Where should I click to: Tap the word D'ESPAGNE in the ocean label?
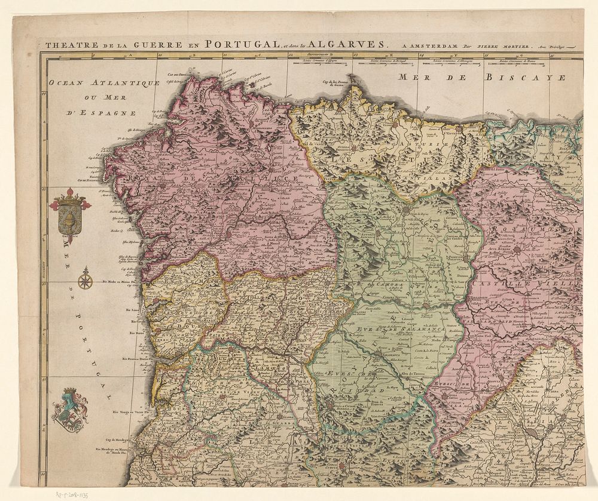click(x=111, y=112)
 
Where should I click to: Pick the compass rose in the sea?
click(x=86, y=279)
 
